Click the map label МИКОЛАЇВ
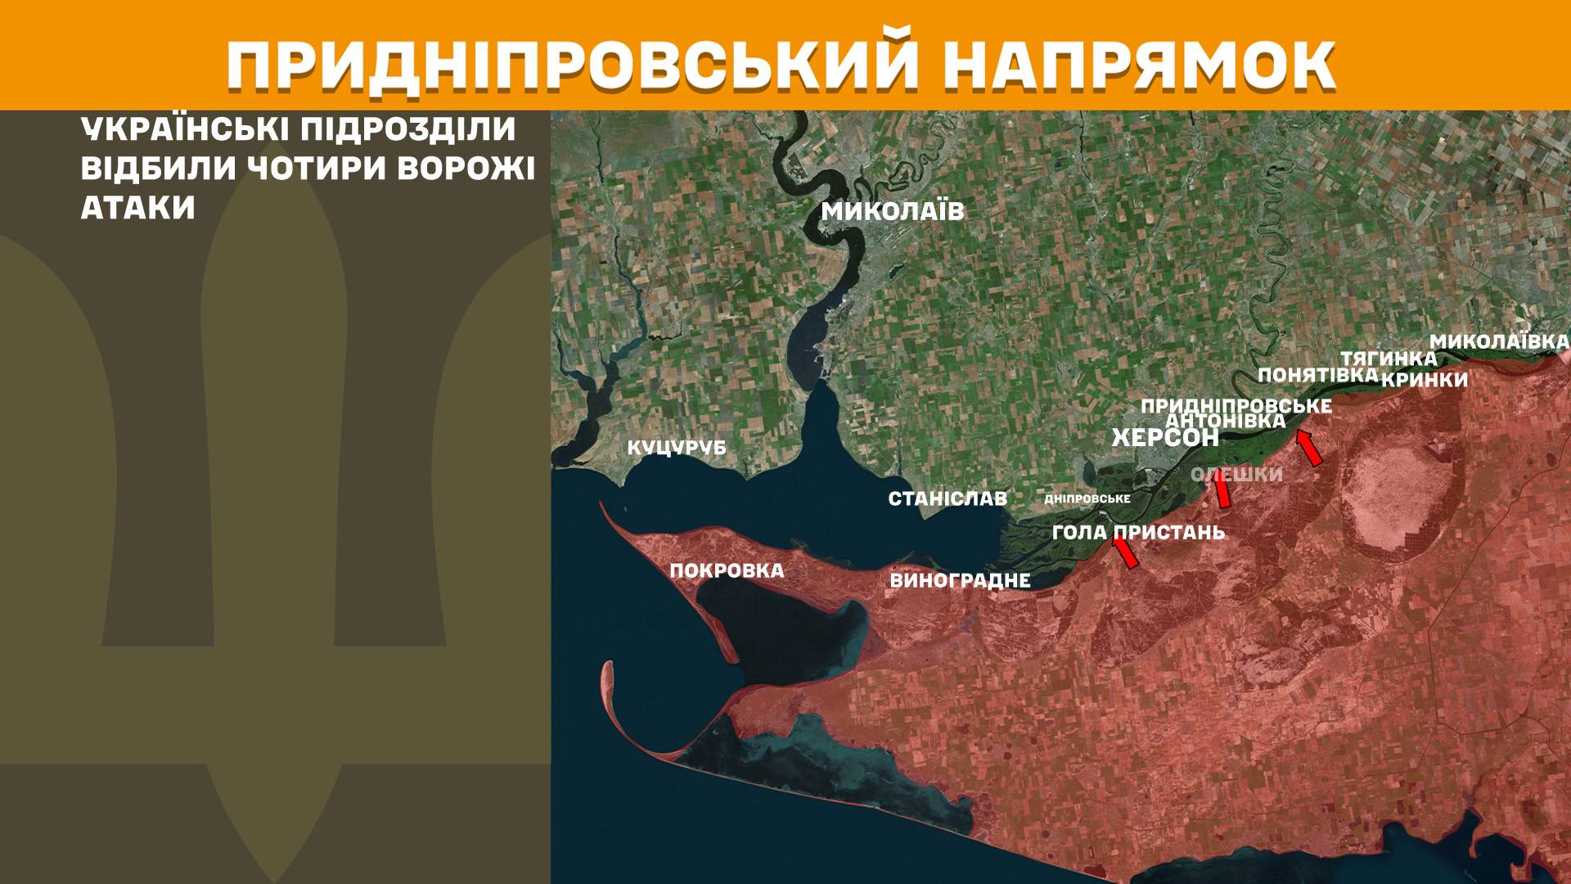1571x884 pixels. point(893,212)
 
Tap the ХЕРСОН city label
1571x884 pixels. point(1165,438)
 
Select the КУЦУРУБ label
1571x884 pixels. point(677,449)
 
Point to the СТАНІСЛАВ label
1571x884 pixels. point(948,498)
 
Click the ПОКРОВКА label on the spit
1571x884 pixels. point(727,571)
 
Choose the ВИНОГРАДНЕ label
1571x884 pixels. point(960,581)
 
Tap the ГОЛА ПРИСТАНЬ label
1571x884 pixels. point(1138,533)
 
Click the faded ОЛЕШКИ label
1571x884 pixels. point(1236,476)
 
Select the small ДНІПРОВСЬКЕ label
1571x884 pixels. point(1087,498)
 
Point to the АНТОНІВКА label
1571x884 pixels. point(1225,421)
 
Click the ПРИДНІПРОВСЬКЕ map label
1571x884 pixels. point(1236,406)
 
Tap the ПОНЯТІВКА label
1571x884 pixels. point(1317,375)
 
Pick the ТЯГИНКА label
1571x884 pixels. point(1389,359)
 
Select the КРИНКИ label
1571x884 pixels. point(1425,380)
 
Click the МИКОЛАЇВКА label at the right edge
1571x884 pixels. point(1499,342)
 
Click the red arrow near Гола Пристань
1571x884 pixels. point(1125,551)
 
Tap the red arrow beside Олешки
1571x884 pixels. point(1222,491)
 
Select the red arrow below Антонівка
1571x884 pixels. point(1309,448)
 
